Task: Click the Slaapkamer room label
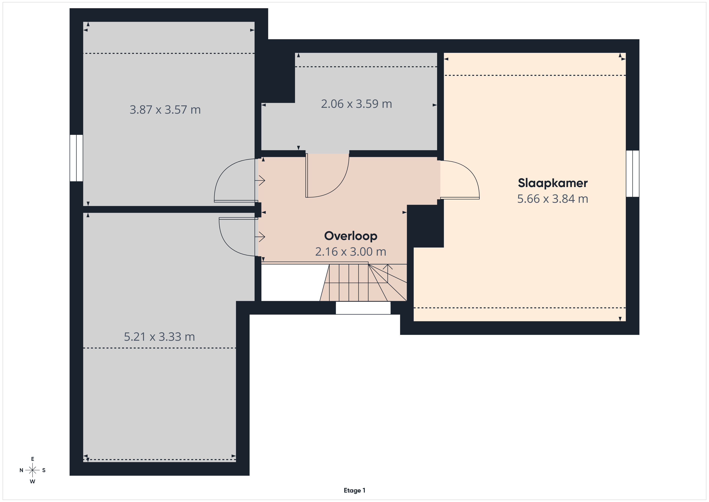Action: coord(552,183)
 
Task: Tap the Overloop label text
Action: coord(350,236)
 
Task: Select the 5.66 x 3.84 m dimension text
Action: coord(552,199)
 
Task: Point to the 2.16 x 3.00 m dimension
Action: coord(350,252)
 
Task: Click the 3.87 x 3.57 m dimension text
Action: coord(165,110)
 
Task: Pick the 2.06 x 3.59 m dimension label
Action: coord(356,104)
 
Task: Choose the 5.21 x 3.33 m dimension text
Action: coord(159,337)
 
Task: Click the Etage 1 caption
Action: coord(354,490)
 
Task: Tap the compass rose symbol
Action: coord(32,470)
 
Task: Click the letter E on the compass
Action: coord(32,459)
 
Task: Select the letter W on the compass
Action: coord(32,481)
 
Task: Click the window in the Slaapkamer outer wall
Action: coord(632,173)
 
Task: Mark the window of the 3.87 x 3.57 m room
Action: coord(76,158)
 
